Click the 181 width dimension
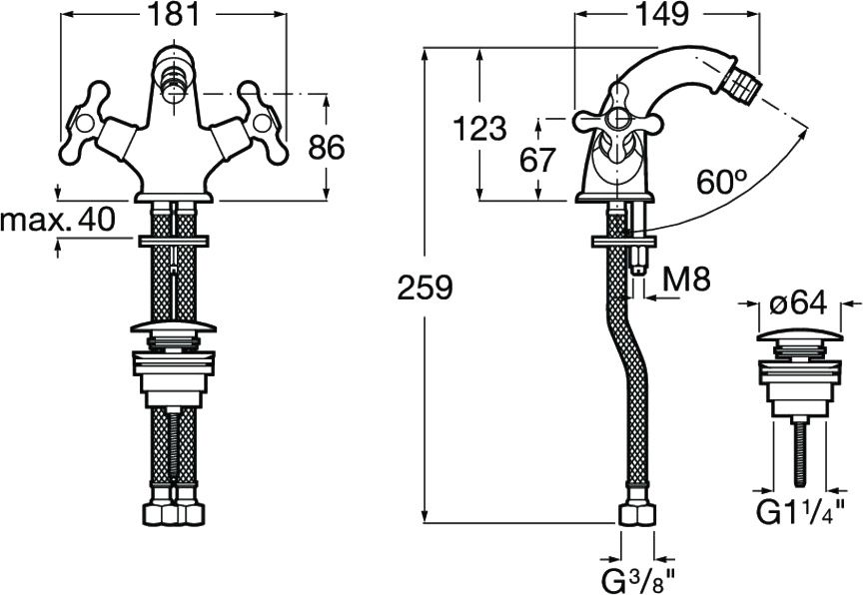174,14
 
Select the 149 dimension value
661,14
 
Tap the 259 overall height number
425,288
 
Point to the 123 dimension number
479,129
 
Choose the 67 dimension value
537,160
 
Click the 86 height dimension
327,147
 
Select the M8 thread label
686,279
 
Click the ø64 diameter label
797,303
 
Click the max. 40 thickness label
58,219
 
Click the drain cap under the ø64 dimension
799,334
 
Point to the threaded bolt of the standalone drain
799,452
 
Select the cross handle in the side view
616,121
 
